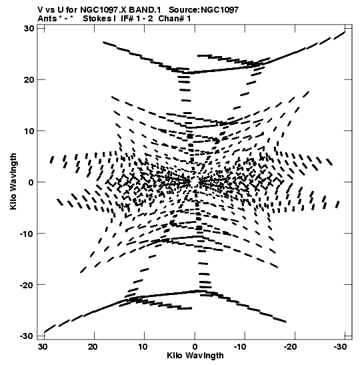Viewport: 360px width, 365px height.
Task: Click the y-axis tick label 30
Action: click(29, 28)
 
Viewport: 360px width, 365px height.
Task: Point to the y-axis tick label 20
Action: click(29, 79)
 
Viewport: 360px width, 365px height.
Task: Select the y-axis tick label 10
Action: click(29, 131)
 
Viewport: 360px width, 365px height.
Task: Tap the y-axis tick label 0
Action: click(31, 182)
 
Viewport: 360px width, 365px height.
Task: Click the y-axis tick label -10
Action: click(27, 234)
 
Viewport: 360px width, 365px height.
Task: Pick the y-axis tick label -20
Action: click(27, 285)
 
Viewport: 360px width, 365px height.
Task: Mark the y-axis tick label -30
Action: click(27, 336)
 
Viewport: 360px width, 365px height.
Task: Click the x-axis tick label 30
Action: click(42, 347)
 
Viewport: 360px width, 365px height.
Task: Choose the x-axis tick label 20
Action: click(93, 347)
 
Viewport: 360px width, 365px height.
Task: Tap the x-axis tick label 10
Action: click(143, 347)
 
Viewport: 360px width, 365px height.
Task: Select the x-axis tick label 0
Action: click(195, 347)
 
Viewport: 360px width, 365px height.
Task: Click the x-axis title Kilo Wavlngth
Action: click(195, 356)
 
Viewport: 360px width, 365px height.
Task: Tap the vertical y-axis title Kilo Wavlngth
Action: click(13, 181)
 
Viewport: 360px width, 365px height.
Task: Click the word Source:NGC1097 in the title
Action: click(204, 10)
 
